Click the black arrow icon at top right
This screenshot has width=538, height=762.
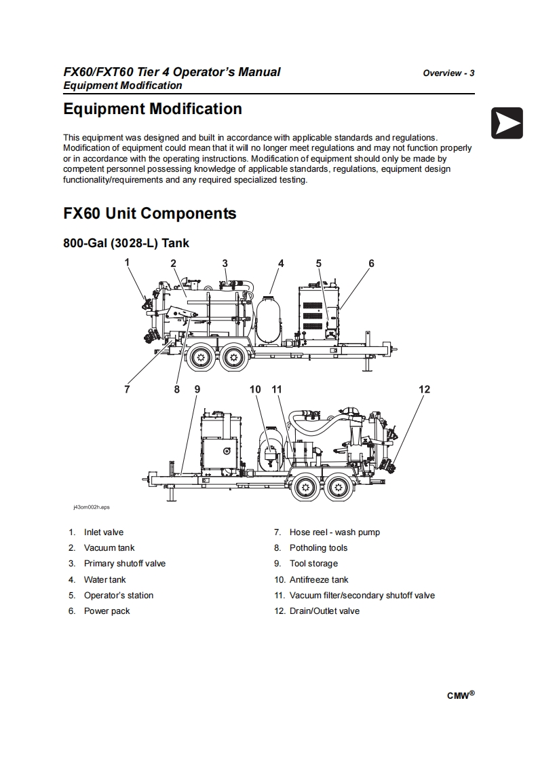(507, 123)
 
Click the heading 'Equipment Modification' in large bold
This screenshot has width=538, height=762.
(152, 109)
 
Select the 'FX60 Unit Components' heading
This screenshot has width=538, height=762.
(149, 214)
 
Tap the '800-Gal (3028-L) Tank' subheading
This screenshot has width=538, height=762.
(126, 242)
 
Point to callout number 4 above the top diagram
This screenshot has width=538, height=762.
(281, 264)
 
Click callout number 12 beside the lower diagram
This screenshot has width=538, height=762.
(424, 389)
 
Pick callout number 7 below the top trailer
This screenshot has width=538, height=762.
(127, 389)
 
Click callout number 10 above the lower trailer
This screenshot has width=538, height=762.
(255, 389)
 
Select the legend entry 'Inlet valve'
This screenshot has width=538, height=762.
(103, 532)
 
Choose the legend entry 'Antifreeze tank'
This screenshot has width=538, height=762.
(318, 579)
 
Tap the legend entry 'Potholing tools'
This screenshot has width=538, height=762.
(318, 548)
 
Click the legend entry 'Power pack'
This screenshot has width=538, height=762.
(107, 611)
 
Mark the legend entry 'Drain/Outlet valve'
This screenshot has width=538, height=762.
(324, 611)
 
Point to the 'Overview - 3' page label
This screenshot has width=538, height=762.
(448, 73)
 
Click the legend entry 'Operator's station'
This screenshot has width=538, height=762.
(118, 596)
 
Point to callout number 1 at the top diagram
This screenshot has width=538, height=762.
(127, 261)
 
